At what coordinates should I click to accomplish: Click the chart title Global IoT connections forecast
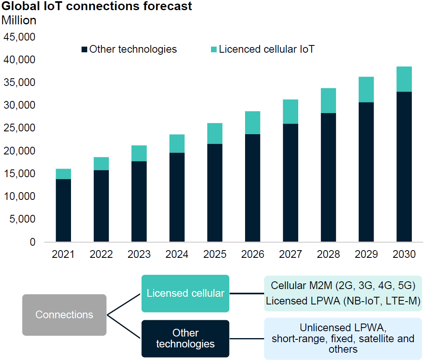[97, 6]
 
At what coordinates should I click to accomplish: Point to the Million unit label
[19, 20]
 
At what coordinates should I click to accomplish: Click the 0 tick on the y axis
[33, 242]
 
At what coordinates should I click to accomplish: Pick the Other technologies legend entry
[129, 49]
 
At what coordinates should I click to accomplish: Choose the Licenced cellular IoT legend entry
[263, 49]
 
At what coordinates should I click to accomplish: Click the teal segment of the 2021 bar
[63, 174]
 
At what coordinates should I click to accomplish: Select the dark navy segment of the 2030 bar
[404, 167]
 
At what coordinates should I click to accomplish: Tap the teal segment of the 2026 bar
[253, 122]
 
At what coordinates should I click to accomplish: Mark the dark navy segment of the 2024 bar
[177, 197]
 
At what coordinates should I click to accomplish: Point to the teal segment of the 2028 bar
[328, 101]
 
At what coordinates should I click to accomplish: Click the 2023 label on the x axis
[139, 255]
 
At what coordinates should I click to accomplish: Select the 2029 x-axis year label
[366, 255]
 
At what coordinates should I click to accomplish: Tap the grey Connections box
[64, 315]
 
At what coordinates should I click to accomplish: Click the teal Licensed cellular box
[185, 293]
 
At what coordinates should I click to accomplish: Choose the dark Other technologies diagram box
[185, 339]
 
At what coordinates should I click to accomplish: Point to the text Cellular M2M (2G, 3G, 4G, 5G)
[343, 285]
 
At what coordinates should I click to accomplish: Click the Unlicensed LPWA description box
[343, 339]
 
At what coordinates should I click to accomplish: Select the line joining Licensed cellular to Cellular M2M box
[247, 293]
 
